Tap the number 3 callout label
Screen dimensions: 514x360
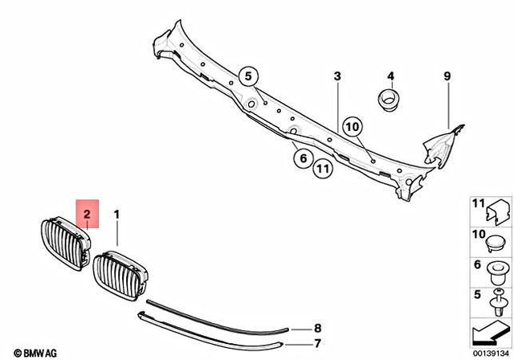click(x=337, y=76)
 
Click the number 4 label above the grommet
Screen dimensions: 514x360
click(x=391, y=77)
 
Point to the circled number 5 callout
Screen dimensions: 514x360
click(x=249, y=77)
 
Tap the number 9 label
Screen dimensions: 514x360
click(x=448, y=77)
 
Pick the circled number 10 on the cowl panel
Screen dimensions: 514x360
click(x=353, y=125)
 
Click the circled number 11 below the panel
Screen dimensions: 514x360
click(x=322, y=169)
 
